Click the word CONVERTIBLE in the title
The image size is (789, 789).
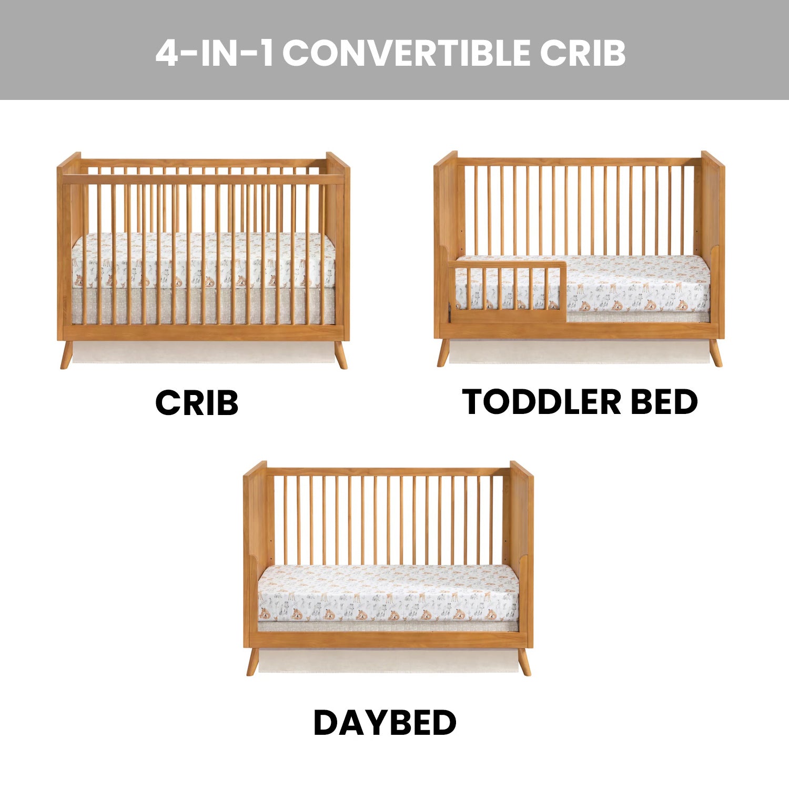coord(409,53)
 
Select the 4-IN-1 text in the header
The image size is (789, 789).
coord(215,53)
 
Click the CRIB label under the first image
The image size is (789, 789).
coord(197,403)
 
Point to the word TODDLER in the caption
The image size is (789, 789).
coord(542,402)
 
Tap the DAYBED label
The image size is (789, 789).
coord(385,723)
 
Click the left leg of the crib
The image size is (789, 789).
coord(66,355)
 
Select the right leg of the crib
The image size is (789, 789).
coord(341,355)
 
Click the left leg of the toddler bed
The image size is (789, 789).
coord(443,352)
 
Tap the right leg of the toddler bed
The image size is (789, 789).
coord(715,352)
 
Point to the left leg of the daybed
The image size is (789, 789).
coord(253,662)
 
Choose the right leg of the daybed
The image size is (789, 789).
coord(524,662)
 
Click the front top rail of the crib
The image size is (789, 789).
coord(203,179)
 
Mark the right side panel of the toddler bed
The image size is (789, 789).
coord(713,245)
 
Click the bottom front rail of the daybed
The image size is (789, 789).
coord(388,640)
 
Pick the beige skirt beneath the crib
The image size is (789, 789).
coord(203,351)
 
